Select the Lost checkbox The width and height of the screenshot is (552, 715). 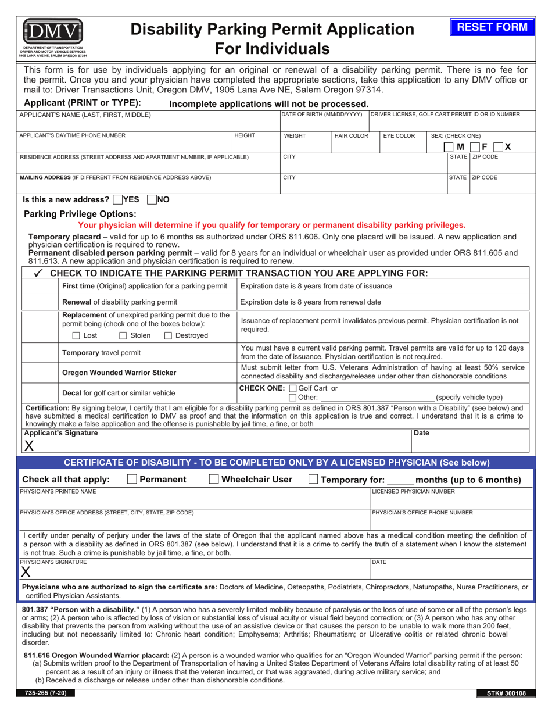77,335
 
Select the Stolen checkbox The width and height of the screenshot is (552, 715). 123,335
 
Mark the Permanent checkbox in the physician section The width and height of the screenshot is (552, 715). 132,480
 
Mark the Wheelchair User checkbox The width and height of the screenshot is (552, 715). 214,480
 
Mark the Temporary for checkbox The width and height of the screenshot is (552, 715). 313,480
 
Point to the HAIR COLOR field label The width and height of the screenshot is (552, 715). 352,136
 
